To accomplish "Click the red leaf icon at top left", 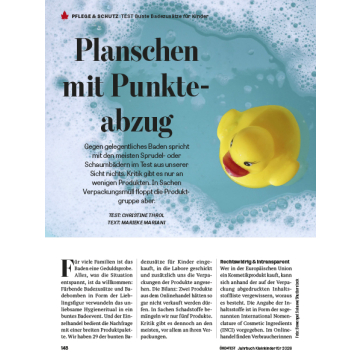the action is pos(64,16).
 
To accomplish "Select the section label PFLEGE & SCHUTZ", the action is pos(96,16).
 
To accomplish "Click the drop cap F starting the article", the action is pos(66,268).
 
